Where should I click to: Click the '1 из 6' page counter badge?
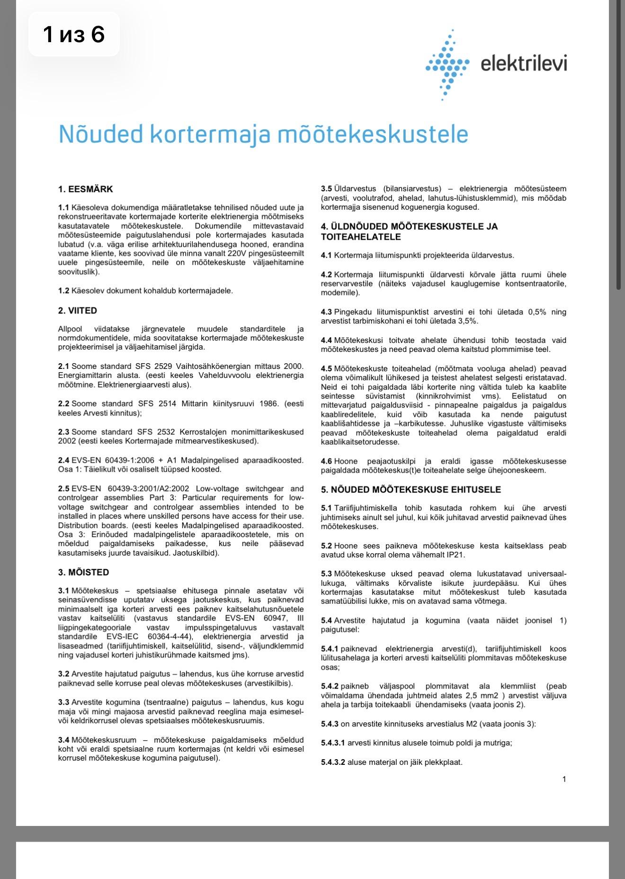point(74,35)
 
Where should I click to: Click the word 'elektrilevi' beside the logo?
point(524,63)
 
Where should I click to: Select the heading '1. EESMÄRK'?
point(86,189)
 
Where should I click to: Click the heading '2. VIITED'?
point(78,311)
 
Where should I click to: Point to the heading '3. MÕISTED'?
point(84,572)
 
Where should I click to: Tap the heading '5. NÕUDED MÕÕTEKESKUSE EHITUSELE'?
point(411,489)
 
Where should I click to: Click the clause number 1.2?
point(63,291)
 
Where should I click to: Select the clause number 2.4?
point(63,460)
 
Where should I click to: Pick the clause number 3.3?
point(63,702)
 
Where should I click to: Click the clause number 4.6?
point(326,461)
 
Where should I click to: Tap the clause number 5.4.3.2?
point(333,762)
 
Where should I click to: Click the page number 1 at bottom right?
point(564,779)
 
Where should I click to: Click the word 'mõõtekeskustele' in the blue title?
point(372,134)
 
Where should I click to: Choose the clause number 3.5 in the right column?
point(326,189)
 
